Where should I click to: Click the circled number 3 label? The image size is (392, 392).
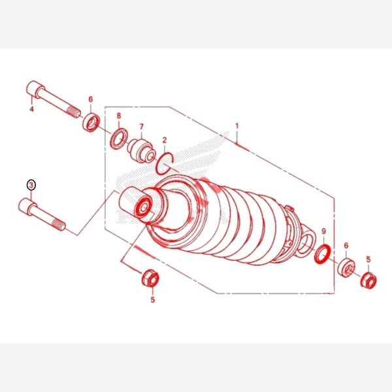coord(31,185)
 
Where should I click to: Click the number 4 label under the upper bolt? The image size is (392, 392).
coord(32,109)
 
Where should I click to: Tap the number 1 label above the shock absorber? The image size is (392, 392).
coord(237,126)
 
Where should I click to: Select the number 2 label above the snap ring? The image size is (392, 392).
coord(164,140)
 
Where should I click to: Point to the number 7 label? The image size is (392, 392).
coord(142,127)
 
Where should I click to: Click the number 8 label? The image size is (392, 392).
coord(119,116)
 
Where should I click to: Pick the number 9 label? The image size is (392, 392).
coord(324,231)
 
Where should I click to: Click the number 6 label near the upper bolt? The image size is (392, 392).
coord(91,99)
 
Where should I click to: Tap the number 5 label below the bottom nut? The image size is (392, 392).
coord(153,299)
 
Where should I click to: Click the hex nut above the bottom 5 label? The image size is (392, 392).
coord(150,278)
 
